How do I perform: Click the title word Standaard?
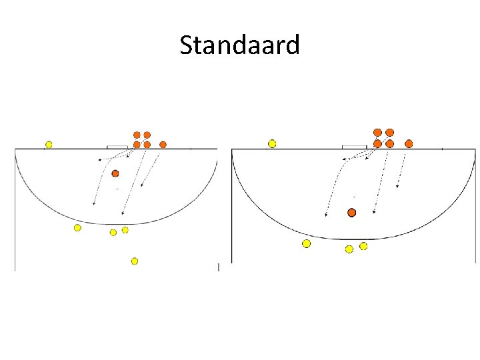(x=240, y=46)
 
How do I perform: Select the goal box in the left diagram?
(x=117, y=147)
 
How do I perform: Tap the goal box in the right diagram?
(x=354, y=146)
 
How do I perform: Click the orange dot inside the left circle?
(x=115, y=173)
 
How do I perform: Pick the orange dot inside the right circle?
(x=352, y=213)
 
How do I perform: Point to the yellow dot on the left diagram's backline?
(x=49, y=144)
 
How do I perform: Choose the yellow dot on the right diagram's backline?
(x=272, y=143)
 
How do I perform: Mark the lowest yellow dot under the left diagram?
(x=135, y=261)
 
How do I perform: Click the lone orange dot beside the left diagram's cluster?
(x=163, y=144)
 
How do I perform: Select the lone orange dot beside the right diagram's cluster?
(x=409, y=143)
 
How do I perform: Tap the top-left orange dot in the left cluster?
(x=137, y=135)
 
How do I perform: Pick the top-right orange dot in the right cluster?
(x=390, y=133)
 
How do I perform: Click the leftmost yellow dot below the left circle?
(x=77, y=228)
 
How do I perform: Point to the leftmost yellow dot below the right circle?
(x=306, y=243)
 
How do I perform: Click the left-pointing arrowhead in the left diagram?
(x=99, y=160)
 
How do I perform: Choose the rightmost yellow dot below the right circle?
(x=363, y=246)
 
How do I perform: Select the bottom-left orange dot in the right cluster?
(x=378, y=143)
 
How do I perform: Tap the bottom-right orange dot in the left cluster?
(x=147, y=144)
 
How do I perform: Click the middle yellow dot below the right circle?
(x=349, y=249)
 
